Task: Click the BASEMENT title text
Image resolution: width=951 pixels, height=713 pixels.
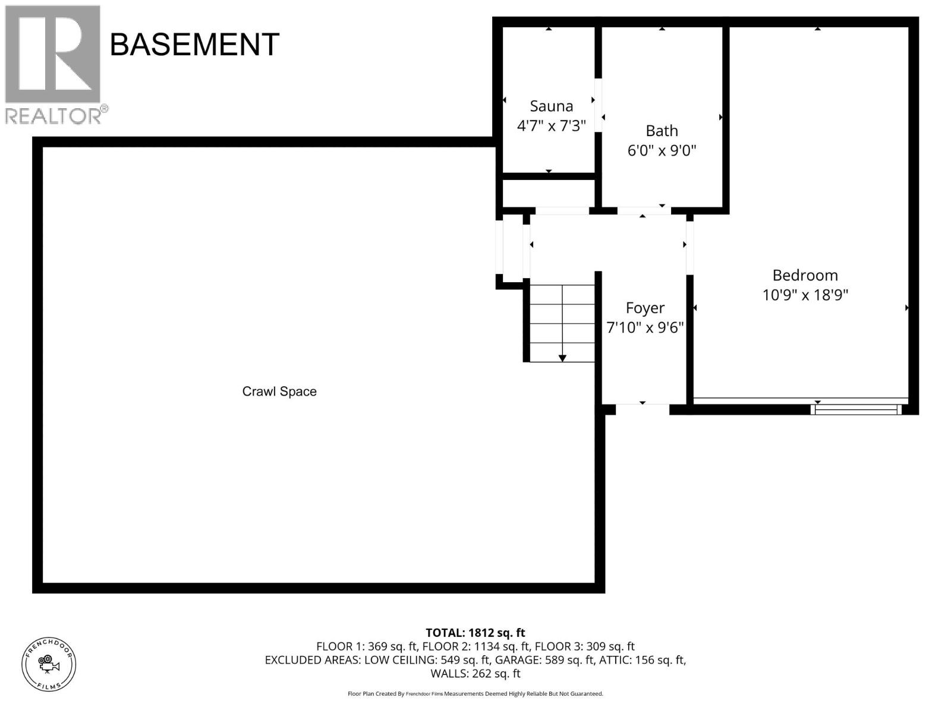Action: [x=194, y=45]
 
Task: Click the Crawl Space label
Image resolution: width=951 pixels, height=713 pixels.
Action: [x=279, y=392]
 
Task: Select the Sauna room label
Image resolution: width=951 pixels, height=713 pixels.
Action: [x=551, y=106]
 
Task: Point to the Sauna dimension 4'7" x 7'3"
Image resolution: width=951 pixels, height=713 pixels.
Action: [x=551, y=125]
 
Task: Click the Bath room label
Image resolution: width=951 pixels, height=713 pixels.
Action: [x=662, y=131]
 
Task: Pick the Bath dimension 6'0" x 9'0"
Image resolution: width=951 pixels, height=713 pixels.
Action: [x=662, y=150]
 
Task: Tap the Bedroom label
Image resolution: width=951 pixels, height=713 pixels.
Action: [x=805, y=275]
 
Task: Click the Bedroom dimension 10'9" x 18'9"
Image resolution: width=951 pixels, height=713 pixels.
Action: [x=805, y=295]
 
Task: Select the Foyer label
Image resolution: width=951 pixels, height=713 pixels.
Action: [x=645, y=308]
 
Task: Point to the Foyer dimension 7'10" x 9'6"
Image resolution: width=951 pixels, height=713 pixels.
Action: [x=645, y=327]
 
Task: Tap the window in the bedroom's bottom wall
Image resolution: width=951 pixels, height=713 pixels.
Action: [x=856, y=409]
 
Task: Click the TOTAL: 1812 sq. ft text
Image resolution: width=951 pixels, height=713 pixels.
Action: [x=475, y=633]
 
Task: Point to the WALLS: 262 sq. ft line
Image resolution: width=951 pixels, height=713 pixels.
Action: [x=475, y=674]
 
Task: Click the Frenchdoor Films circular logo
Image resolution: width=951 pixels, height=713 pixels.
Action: [x=49, y=664]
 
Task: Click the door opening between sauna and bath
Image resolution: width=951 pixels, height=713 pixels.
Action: [x=598, y=105]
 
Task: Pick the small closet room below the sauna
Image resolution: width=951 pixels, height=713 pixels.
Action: [x=549, y=193]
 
